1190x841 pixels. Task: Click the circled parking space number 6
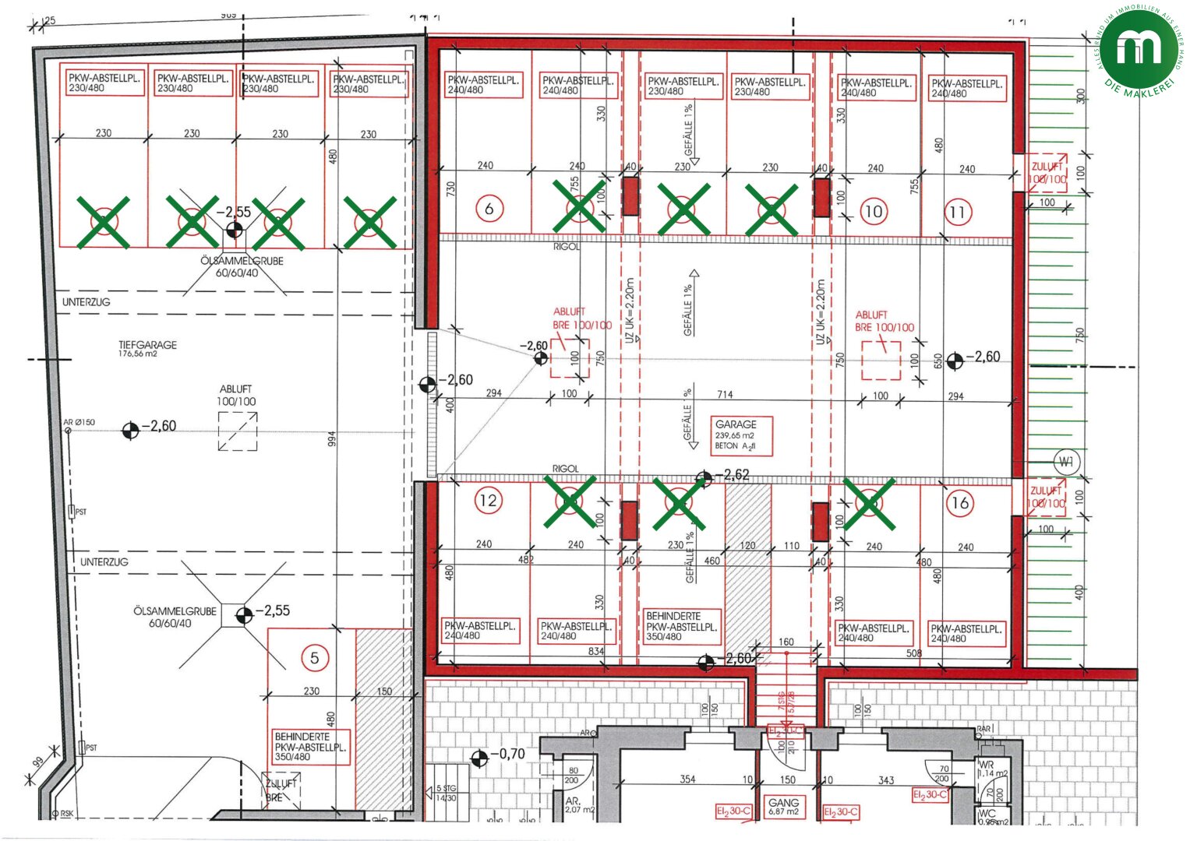click(489, 209)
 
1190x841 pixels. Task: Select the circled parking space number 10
click(874, 211)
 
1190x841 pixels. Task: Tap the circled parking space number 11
click(957, 212)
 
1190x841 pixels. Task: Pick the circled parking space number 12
click(489, 500)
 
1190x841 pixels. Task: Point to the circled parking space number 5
click(315, 658)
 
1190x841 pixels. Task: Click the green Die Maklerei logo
click(1139, 48)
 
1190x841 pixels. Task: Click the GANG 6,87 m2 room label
click(783, 806)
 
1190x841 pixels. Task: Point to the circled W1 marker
click(1065, 462)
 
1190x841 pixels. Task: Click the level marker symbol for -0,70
click(479, 756)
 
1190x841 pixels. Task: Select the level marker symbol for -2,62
click(704, 477)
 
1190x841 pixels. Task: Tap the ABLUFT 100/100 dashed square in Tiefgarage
click(238, 431)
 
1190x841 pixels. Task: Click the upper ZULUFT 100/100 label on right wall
click(1047, 172)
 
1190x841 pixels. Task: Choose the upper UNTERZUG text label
click(87, 301)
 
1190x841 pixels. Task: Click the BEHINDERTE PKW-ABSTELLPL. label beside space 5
click(310, 746)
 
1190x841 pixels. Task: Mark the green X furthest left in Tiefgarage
click(103, 222)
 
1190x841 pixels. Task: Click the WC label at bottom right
click(987, 815)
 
